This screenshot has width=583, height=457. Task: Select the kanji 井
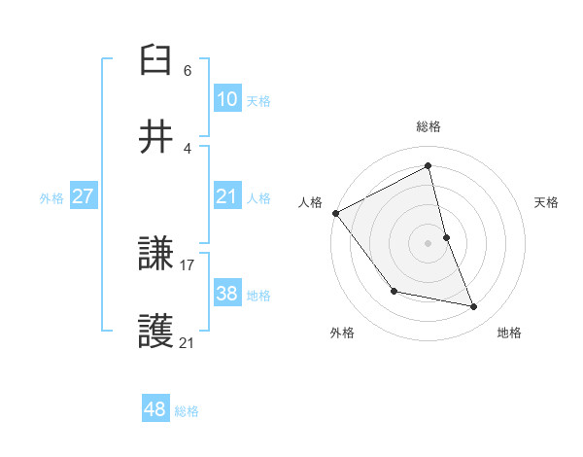tap(156, 138)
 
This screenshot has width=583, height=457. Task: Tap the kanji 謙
tap(156, 257)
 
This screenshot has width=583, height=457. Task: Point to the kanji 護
tap(156, 333)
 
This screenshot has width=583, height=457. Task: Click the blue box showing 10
tap(226, 98)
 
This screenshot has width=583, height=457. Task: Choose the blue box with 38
tap(226, 293)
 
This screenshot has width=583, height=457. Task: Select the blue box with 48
tap(154, 409)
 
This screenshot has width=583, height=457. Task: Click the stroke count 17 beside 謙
tap(188, 264)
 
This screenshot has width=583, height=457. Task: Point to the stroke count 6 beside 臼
tap(188, 71)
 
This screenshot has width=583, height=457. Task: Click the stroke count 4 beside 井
tap(188, 148)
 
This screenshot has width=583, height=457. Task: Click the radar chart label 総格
tap(429, 126)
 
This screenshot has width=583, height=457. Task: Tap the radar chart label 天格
tap(547, 202)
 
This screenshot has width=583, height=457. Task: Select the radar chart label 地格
tap(509, 333)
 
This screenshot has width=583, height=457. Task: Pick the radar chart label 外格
tap(342, 333)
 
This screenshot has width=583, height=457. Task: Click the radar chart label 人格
tap(310, 202)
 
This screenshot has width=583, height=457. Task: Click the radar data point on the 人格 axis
tap(335, 213)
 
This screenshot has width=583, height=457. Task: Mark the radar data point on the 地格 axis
tap(474, 307)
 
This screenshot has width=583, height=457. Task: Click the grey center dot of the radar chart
tap(429, 242)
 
